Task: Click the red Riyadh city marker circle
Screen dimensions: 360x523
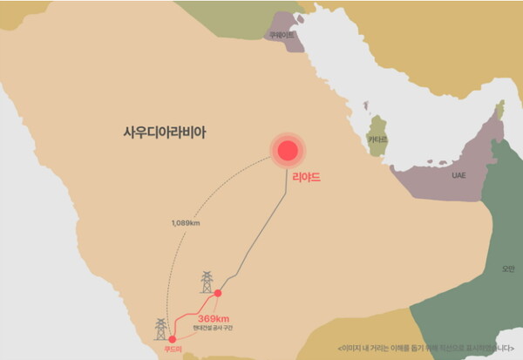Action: point(288,152)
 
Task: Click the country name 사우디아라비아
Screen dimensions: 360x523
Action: point(171,133)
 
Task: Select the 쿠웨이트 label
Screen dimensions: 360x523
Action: point(282,35)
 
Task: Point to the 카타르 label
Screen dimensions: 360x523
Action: point(377,139)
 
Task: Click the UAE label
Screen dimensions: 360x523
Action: point(458,175)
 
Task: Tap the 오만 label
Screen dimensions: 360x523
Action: point(508,268)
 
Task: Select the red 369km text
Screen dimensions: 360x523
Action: point(213,318)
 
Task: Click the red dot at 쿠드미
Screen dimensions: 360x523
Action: point(172,338)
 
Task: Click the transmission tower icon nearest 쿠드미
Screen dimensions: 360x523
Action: point(160,328)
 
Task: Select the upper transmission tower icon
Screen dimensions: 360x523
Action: point(207,282)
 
